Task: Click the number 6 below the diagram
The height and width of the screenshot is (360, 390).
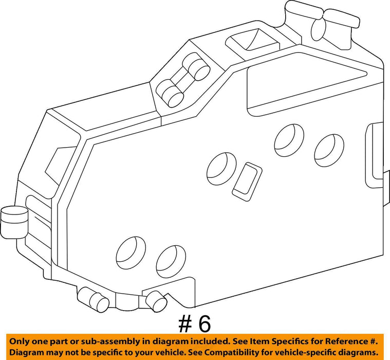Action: pos(204,324)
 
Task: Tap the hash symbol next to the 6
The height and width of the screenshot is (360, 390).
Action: pos(185,324)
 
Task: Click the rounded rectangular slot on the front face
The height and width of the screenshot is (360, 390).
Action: pos(247,182)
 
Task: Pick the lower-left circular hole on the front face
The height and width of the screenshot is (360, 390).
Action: pos(131,253)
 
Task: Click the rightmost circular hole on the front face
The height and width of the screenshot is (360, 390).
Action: pos(329,150)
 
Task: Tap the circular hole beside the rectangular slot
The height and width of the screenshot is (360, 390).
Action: pos(221,169)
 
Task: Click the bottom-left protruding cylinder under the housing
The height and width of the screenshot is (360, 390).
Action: pos(93,299)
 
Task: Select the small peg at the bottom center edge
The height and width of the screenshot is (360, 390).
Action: pos(156,301)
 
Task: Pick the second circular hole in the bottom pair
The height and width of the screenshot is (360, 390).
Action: pos(171,262)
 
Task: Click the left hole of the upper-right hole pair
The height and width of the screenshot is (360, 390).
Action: pos(289,140)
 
